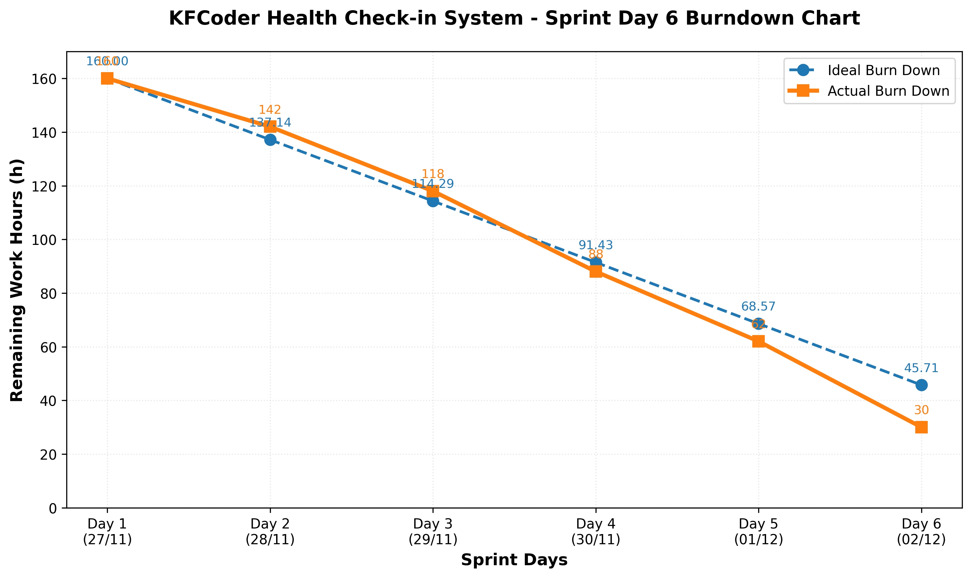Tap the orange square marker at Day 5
[x=758, y=341]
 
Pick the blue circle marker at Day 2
[x=270, y=140]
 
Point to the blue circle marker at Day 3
[x=433, y=201]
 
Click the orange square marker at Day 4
[x=596, y=271]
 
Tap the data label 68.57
[x=758, y=307]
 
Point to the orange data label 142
[x=270, y=110]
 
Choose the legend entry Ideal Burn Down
[x=883, y=70]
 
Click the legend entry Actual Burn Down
[x=888, y=91]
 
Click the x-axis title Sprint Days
[x=514, y=560]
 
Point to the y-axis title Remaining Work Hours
[x=17, y=280]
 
